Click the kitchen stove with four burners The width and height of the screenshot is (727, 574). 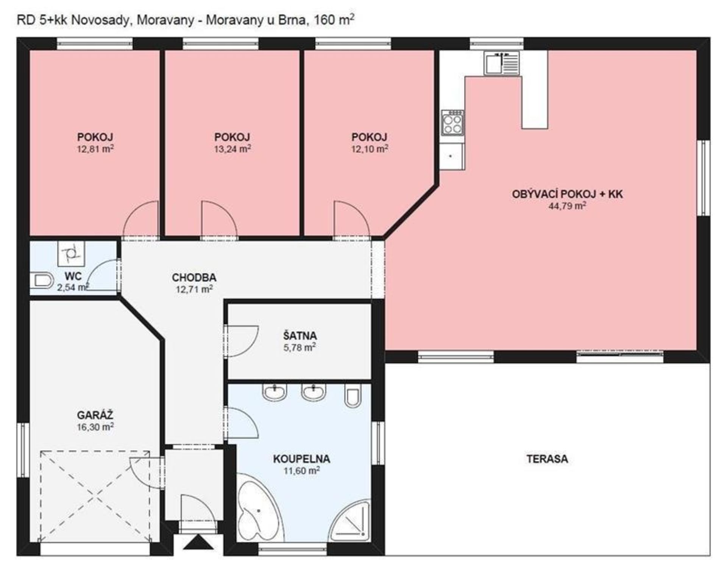pyautogui.click(x=452, y=123)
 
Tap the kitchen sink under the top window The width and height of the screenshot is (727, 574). pyautogui.click(x=501, y=63)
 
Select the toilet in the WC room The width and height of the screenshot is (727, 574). pyautogui.click(x=42, y=280)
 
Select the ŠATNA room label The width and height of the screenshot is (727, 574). pyautogui.click(x=300, y=336)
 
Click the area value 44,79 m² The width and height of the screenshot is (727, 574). pyautogui.click(x=567, y=206)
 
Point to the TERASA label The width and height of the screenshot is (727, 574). pyautogui.click(x=547, y=459)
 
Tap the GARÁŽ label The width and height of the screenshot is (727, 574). pyautogui.click(x=95, y=415)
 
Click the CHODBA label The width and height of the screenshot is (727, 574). pyautogui.click(x=194, y=277)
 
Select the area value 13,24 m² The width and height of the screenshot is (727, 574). pyautogui.click(x=232, y=149)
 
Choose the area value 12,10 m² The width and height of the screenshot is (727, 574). pyautogui.click(x=370, y=149)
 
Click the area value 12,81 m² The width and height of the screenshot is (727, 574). pyautogui.click(x=95, y=149)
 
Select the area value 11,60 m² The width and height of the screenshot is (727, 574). pyautogui.click(x=302, y=470)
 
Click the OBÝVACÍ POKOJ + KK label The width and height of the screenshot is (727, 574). pyautogui.click(x=567, y=194)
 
